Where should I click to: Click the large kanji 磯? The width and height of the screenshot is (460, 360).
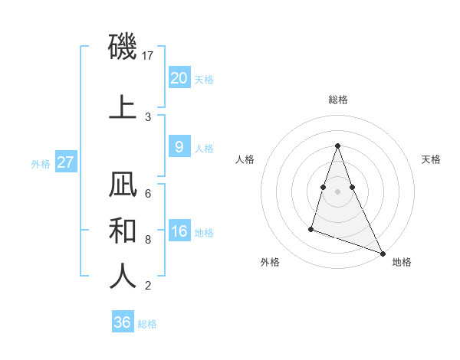[x=123, y=48]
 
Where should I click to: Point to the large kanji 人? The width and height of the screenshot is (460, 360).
[x=123, y=276]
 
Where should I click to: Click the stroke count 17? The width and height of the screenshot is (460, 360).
[x=149, y=56]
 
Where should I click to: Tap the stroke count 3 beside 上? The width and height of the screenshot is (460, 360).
[x=148, y=116]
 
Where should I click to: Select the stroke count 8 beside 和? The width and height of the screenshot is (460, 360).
[x=148, y=239]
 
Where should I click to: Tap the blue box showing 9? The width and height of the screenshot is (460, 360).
[x=179, y=147]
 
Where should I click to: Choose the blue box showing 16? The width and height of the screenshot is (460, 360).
[x=179, y=231]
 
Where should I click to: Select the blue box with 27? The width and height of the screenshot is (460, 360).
[x=65, y=162]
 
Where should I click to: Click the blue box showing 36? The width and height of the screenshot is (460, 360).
[x=123, y=322]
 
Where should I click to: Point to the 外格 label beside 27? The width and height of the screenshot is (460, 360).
[x=40, y=163]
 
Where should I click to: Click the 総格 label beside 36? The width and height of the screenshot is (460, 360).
[x=147, y=324]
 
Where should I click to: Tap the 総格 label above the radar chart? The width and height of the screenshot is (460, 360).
[x=338, y=100]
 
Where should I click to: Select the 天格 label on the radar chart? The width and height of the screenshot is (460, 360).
[x=431, y=159]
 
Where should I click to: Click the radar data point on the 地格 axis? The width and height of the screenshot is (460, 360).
[x=382, y=253]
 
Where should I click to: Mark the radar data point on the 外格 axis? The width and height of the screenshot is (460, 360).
[x=311, y=228]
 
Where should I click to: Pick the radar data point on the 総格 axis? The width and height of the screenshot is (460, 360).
[x=337, y=146]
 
